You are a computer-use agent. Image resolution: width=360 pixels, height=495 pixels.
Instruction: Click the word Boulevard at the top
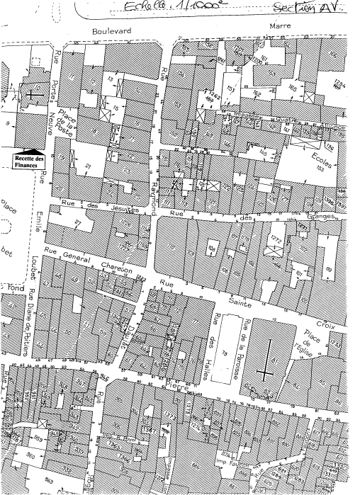tap(113, 32)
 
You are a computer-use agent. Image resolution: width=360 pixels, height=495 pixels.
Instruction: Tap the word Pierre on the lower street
tap(186, 386)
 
